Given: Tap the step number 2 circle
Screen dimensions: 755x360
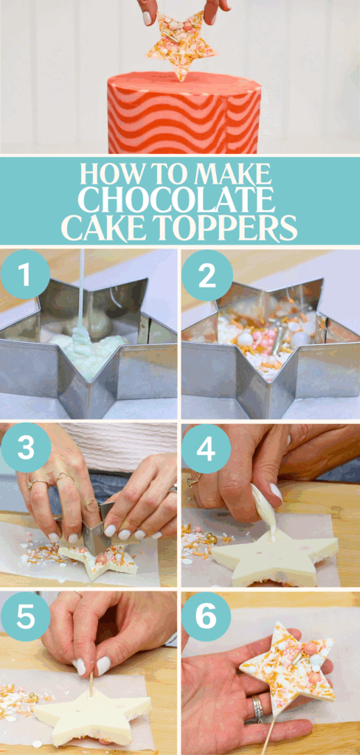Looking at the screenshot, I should click(x=207, y=274).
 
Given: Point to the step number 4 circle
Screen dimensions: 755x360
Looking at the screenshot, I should click(x=207, y=448).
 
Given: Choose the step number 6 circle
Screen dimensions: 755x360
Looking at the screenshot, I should click(x=207, y=616).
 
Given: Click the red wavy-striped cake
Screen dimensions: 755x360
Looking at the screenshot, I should click(x=184, y=114).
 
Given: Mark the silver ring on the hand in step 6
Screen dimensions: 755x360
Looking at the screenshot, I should click(x=257, y=709).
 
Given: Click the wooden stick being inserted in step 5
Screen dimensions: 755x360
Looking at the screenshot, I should click(x=91, y=683).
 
